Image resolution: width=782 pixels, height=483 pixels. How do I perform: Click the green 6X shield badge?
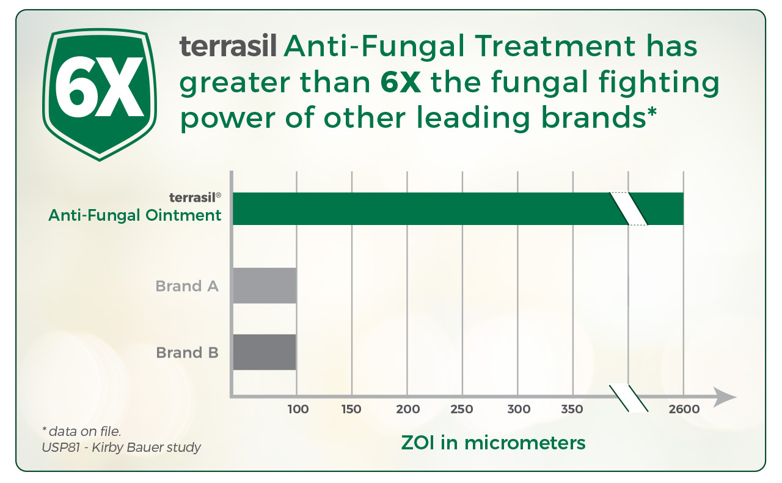[x=100, y=94]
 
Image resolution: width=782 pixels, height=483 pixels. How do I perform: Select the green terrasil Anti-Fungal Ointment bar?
[x=458, y=208]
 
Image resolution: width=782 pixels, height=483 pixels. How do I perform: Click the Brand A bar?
[x=265, y=286]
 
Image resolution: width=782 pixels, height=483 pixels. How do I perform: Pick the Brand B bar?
[x=265, y=352]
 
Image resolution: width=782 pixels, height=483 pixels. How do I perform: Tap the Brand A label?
[x=187, y=286]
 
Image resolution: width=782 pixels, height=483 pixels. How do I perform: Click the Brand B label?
[x=187, y=353]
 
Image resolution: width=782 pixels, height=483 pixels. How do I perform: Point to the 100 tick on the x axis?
[x=298, y=409]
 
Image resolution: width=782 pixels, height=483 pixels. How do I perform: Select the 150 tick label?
[x=351, y=409]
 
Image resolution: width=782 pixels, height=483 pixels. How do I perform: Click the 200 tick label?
[x=407, y=409]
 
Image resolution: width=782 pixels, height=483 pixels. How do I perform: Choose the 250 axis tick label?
[x=461, y=409]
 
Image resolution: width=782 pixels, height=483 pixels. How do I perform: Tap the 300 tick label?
[x=519, y=409]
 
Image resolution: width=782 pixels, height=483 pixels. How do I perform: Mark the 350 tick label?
[x=572, y=409]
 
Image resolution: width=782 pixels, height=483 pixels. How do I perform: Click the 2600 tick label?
[x=684, y=409]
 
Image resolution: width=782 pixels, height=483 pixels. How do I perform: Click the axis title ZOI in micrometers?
[x=493, y=443]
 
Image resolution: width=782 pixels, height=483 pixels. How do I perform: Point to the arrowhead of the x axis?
[x=725, y=397]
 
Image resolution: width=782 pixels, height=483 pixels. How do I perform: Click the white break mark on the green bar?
[x=629, y=208]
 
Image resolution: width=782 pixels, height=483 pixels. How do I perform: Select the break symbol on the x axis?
[x=629, y=399]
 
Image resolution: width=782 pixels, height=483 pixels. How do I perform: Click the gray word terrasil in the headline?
[x=228, y=46]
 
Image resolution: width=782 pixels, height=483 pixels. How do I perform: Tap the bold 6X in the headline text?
[x=400, y=82]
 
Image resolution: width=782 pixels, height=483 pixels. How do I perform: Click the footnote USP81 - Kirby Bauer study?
[x=121, y=448]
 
